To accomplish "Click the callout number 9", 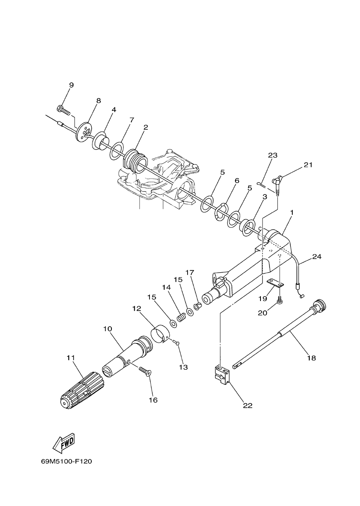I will coord(71,85).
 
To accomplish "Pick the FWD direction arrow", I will coord(63,443).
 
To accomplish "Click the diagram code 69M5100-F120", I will coord(66,461).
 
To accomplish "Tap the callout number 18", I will coord(311,358).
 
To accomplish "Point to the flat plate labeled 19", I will coord(275,282).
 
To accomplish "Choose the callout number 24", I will coord(317,257).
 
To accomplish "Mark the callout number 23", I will coord(272,155).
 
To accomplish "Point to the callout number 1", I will coord(292,212).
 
